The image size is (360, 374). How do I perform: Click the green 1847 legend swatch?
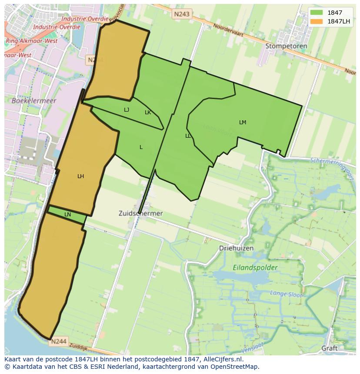tap(316, 13)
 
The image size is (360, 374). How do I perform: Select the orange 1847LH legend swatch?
tap(316, 21)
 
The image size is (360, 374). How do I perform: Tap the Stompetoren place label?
tap(286, 46)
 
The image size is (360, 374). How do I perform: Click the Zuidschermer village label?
tap(140, 213)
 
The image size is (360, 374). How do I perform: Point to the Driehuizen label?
tap(236, 248)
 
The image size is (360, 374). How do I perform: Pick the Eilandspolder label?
tap(255, 268)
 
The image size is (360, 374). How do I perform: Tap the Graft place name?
tap(329, 348)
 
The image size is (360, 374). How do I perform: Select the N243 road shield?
tap(181, 14)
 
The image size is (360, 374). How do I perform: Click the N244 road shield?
tap(58, 341)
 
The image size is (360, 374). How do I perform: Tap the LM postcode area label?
tap(243, 122)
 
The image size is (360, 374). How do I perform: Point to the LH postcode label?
tap(80, 176)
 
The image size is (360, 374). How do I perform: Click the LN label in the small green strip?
tap(67, 215)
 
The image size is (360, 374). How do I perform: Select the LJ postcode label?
tap(127, 110)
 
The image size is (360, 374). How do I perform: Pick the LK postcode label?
tap(148, 113)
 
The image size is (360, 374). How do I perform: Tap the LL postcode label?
tap(188, 136)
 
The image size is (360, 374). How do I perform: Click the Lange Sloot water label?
tap(286, 294)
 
